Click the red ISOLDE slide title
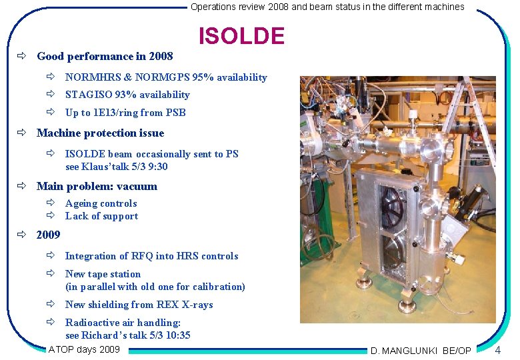[x=241, y=36]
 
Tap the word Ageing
[x=80, y=203]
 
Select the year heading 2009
[x=48, y=235]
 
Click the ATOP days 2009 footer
[x=84, y=349]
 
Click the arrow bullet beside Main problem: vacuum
[x=22, y=187]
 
